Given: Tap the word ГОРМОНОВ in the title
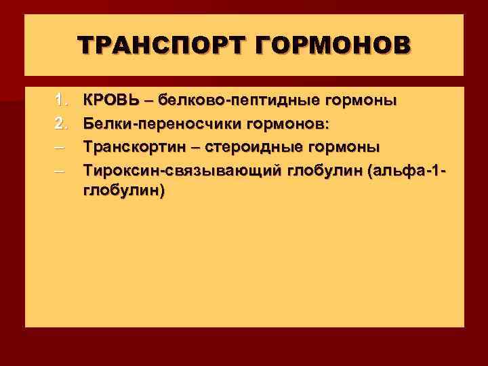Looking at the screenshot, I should (x=331, y=45).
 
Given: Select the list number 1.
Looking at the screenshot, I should (x=60, y=101).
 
